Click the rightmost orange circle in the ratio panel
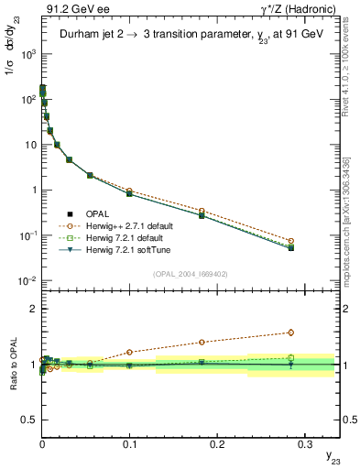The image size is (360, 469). point(290,333)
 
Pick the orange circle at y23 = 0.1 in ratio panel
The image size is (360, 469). point(129,352)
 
